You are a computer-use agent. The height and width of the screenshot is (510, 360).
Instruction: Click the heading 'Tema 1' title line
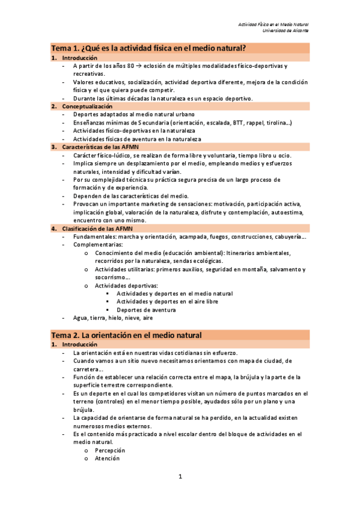(150, 48)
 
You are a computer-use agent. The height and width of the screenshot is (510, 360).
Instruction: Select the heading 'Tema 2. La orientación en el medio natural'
(126, 334)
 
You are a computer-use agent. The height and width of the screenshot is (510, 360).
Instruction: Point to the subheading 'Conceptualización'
(87, 106)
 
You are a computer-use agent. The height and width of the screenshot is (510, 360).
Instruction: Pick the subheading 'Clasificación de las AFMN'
(100, 229)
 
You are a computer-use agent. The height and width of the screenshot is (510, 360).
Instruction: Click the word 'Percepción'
(110, 449)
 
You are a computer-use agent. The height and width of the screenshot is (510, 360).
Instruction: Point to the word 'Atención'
(107, 458)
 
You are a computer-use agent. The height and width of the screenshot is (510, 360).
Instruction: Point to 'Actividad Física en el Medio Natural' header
(273, 24)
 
